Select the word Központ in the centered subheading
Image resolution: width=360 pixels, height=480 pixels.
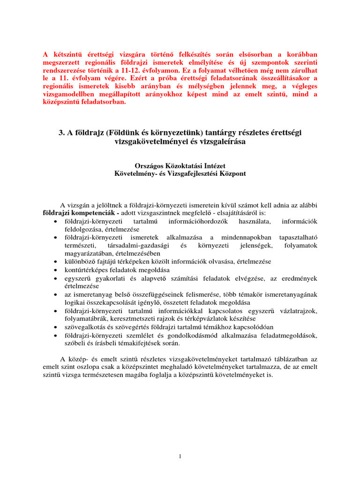(x=230, y=173)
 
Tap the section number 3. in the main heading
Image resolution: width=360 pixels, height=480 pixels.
(x=61, y=133)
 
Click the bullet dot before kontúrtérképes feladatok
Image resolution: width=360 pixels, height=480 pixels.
(x=56, y=270)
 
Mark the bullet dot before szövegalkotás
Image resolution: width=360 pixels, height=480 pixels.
(x=56, y=327)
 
